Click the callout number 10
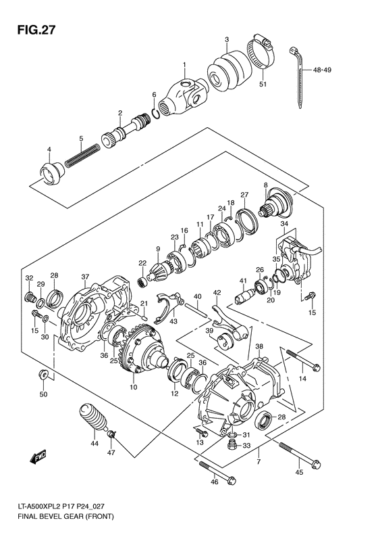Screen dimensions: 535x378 [x=133, y=387]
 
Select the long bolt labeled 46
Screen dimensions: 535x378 [x=216, y=473]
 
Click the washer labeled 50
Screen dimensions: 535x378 [x=42, y=373]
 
